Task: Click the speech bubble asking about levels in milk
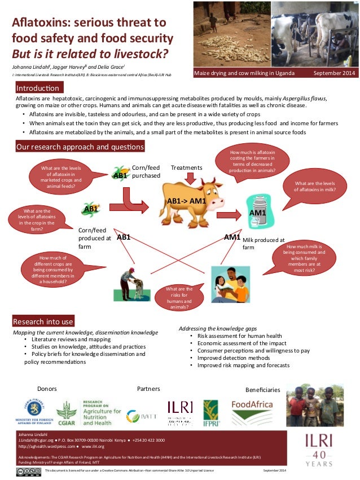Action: pyautogui.click(x=315, y=187)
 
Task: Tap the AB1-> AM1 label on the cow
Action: pyautogui.click(x=186, y=201)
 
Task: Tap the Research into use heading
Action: pyautogui.click(x=43, y=322)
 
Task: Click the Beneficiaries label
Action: pyautogui.click(x=262, y=390)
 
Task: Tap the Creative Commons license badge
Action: pyautogui.click(x=28, y=471)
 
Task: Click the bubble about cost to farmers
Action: pyautogui.click(x=253, y=161)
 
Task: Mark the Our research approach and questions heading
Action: pyautogui.click(x=79, y=147)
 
